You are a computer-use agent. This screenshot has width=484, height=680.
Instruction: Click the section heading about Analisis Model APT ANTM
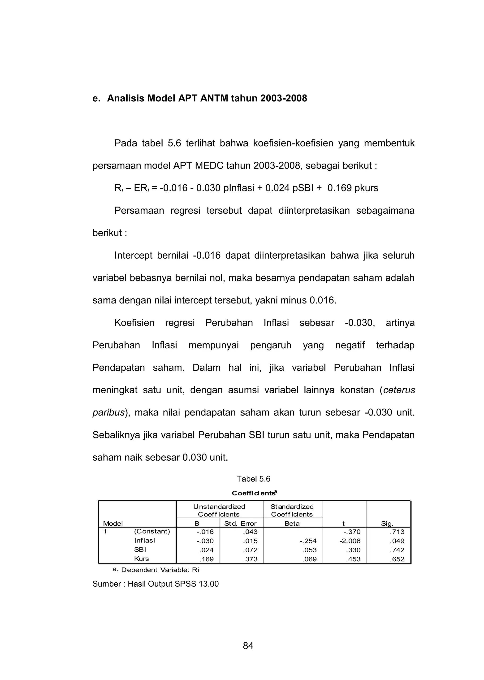[x=200, y=98]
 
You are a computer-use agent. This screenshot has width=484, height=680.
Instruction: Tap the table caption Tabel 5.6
[x=253, y=479]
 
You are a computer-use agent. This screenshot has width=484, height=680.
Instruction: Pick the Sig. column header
[x=387, y=524]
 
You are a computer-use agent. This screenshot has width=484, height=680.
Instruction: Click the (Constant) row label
[x=152, y=531]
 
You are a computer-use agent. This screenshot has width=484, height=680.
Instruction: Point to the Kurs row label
[x=141, y=559]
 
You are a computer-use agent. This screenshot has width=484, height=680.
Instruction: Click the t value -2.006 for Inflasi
[x=350, y=541]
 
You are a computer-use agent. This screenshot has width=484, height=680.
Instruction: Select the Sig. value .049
[x=397, y=541]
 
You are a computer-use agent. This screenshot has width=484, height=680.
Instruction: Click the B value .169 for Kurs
[x=206, y=559]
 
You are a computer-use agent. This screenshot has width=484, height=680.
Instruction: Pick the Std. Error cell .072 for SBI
[x=250, y=550]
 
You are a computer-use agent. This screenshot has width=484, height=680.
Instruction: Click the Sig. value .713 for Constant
[x=397, y=532]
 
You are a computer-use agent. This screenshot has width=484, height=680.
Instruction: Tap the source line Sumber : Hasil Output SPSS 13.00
[x=156, y=584]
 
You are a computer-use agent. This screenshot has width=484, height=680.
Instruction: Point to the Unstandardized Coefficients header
[x=219, y=511]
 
